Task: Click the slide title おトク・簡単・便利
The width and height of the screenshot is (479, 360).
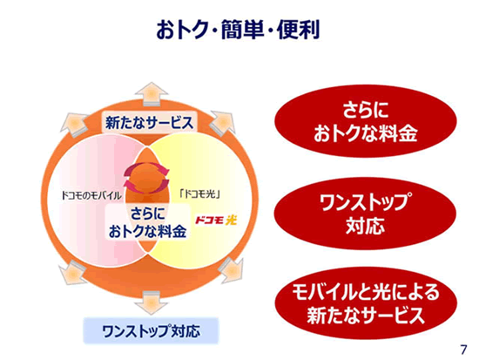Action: (238, 30)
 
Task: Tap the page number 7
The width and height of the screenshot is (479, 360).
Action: (463, 350)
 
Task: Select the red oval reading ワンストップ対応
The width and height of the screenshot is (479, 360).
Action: (365, 214)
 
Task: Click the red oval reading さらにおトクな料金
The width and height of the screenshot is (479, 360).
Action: (366, 121)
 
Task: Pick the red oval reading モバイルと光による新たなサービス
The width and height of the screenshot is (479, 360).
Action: (366, 303)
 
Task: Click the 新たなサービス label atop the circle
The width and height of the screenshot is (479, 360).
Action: (150, 123)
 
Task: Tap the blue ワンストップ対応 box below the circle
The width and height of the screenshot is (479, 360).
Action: (152, 331)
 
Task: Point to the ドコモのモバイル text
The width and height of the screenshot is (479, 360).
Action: (91, 195)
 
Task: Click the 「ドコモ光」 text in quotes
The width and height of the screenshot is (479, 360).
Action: (199, 194)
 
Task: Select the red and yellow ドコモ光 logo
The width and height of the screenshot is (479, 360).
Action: (216, 221)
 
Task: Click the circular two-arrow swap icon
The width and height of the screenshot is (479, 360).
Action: (146, 178)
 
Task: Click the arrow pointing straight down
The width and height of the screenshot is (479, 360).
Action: (152, 302)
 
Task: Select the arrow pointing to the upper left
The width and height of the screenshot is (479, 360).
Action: (73, 123)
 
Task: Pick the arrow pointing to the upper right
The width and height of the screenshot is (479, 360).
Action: (223, 121)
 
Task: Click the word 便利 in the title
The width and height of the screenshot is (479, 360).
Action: (298, 30)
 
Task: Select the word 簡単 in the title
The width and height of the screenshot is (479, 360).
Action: (242, 30)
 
